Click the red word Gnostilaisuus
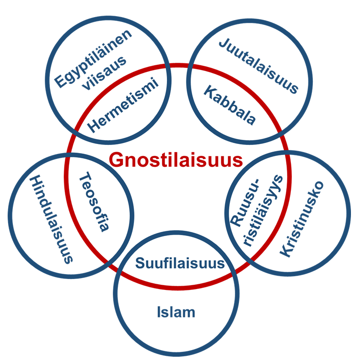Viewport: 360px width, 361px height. (x=176, y=160)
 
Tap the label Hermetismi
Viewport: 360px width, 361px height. (x=123, y=105)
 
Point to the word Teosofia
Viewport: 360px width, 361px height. (x=93, y=201)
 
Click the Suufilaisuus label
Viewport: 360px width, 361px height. (x=180, y=263)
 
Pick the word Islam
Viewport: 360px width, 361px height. (x=176, y=312)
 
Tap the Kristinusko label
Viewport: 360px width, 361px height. (x=301, y=219)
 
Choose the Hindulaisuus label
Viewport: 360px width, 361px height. (x=51, y=219)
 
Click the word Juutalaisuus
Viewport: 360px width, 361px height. (x=258, y=66)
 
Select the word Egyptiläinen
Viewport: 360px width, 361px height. (x=93, y=59)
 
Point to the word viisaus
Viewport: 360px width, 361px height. (x=104, y=73)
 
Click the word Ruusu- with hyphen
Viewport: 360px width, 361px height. (x=245, y=203)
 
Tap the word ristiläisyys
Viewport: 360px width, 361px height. (x=263, y=211)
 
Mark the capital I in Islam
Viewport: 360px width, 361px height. (x=159, y=312)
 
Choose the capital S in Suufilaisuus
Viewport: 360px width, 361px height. (x=140, y=263)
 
